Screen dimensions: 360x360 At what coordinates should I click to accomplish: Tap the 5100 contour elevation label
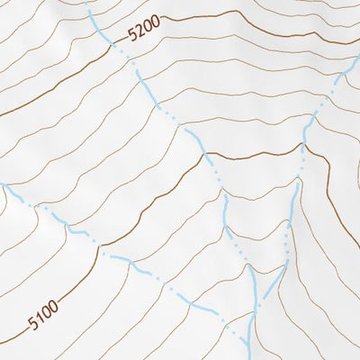pyautogui.click(x=42, y=315)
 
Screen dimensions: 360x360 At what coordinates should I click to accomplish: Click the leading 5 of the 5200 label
pyautogui.click(x=133, y=36)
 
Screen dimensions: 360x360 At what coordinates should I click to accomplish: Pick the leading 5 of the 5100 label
pyautogui.click(x=31, y=323)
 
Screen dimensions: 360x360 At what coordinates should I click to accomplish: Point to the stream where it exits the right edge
pyautogui.click(x=358, y=61)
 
